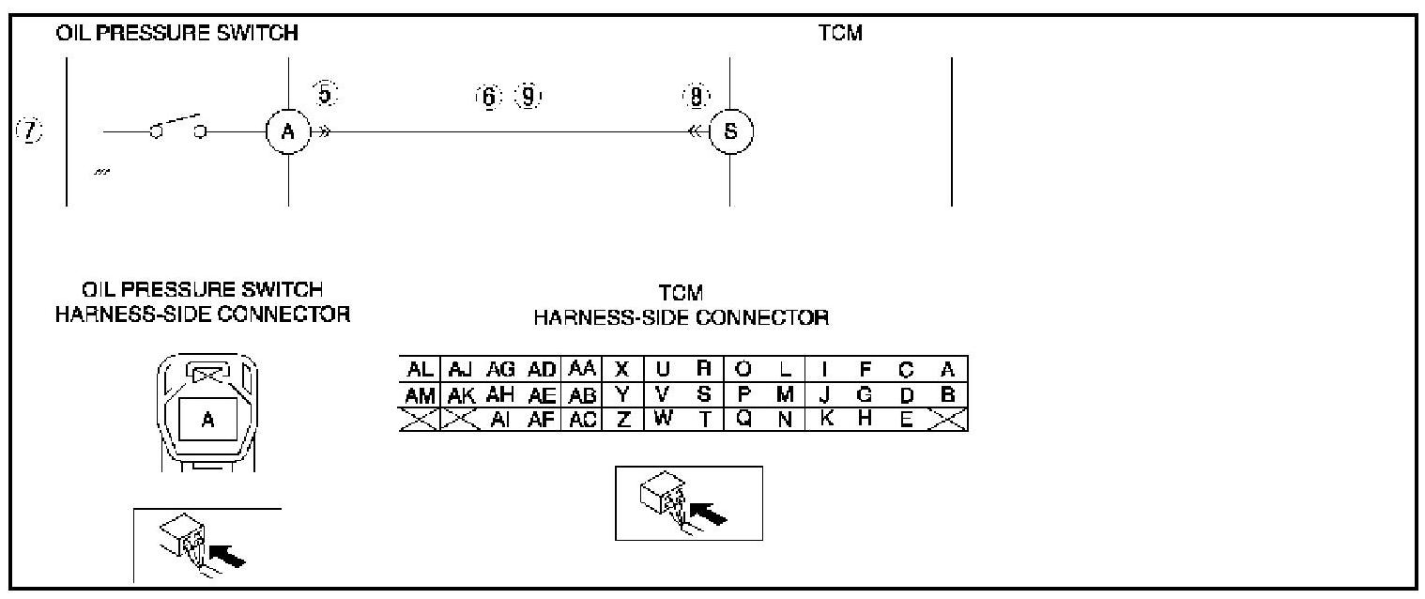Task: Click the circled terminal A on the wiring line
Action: click(288, 132)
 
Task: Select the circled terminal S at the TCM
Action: click(730, 132)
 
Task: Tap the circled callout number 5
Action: click(325, 94)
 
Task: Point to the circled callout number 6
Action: click(489, 96)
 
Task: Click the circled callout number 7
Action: click(32, 132)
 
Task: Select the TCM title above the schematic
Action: click(840, 34)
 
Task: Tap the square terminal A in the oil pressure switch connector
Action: click(208, 421)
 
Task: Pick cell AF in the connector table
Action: click(542, 420)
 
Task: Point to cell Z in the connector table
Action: click(621, 420)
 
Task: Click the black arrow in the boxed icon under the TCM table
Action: click(710, 514)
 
